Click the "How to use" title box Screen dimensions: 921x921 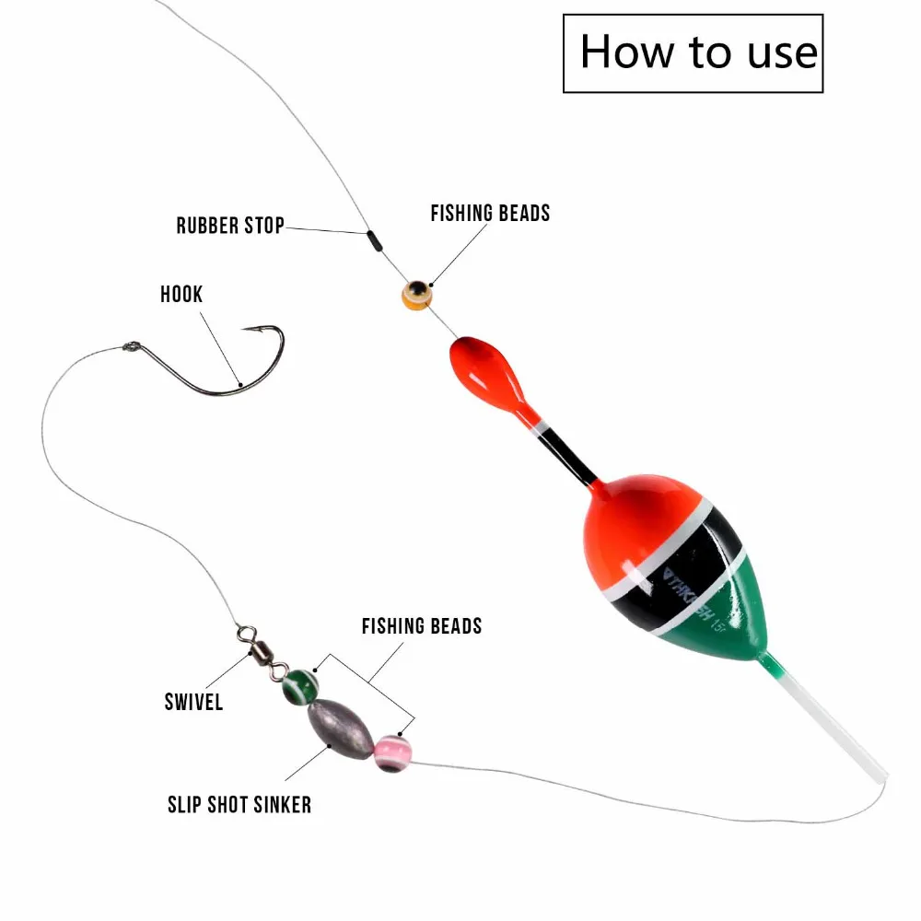coord(693,52)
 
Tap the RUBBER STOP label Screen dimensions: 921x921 coord(230,225)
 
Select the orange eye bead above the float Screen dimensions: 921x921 coord(416,295)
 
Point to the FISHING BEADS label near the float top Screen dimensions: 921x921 coord(490,214)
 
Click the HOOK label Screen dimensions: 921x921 coord(181,295)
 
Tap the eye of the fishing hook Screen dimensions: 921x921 coord(130,348)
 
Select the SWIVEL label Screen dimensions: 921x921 coord(193,702)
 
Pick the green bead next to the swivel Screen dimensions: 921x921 coord(300,685)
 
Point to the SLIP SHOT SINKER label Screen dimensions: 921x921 coord(239,804)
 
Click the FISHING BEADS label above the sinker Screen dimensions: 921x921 coord(421,626)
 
